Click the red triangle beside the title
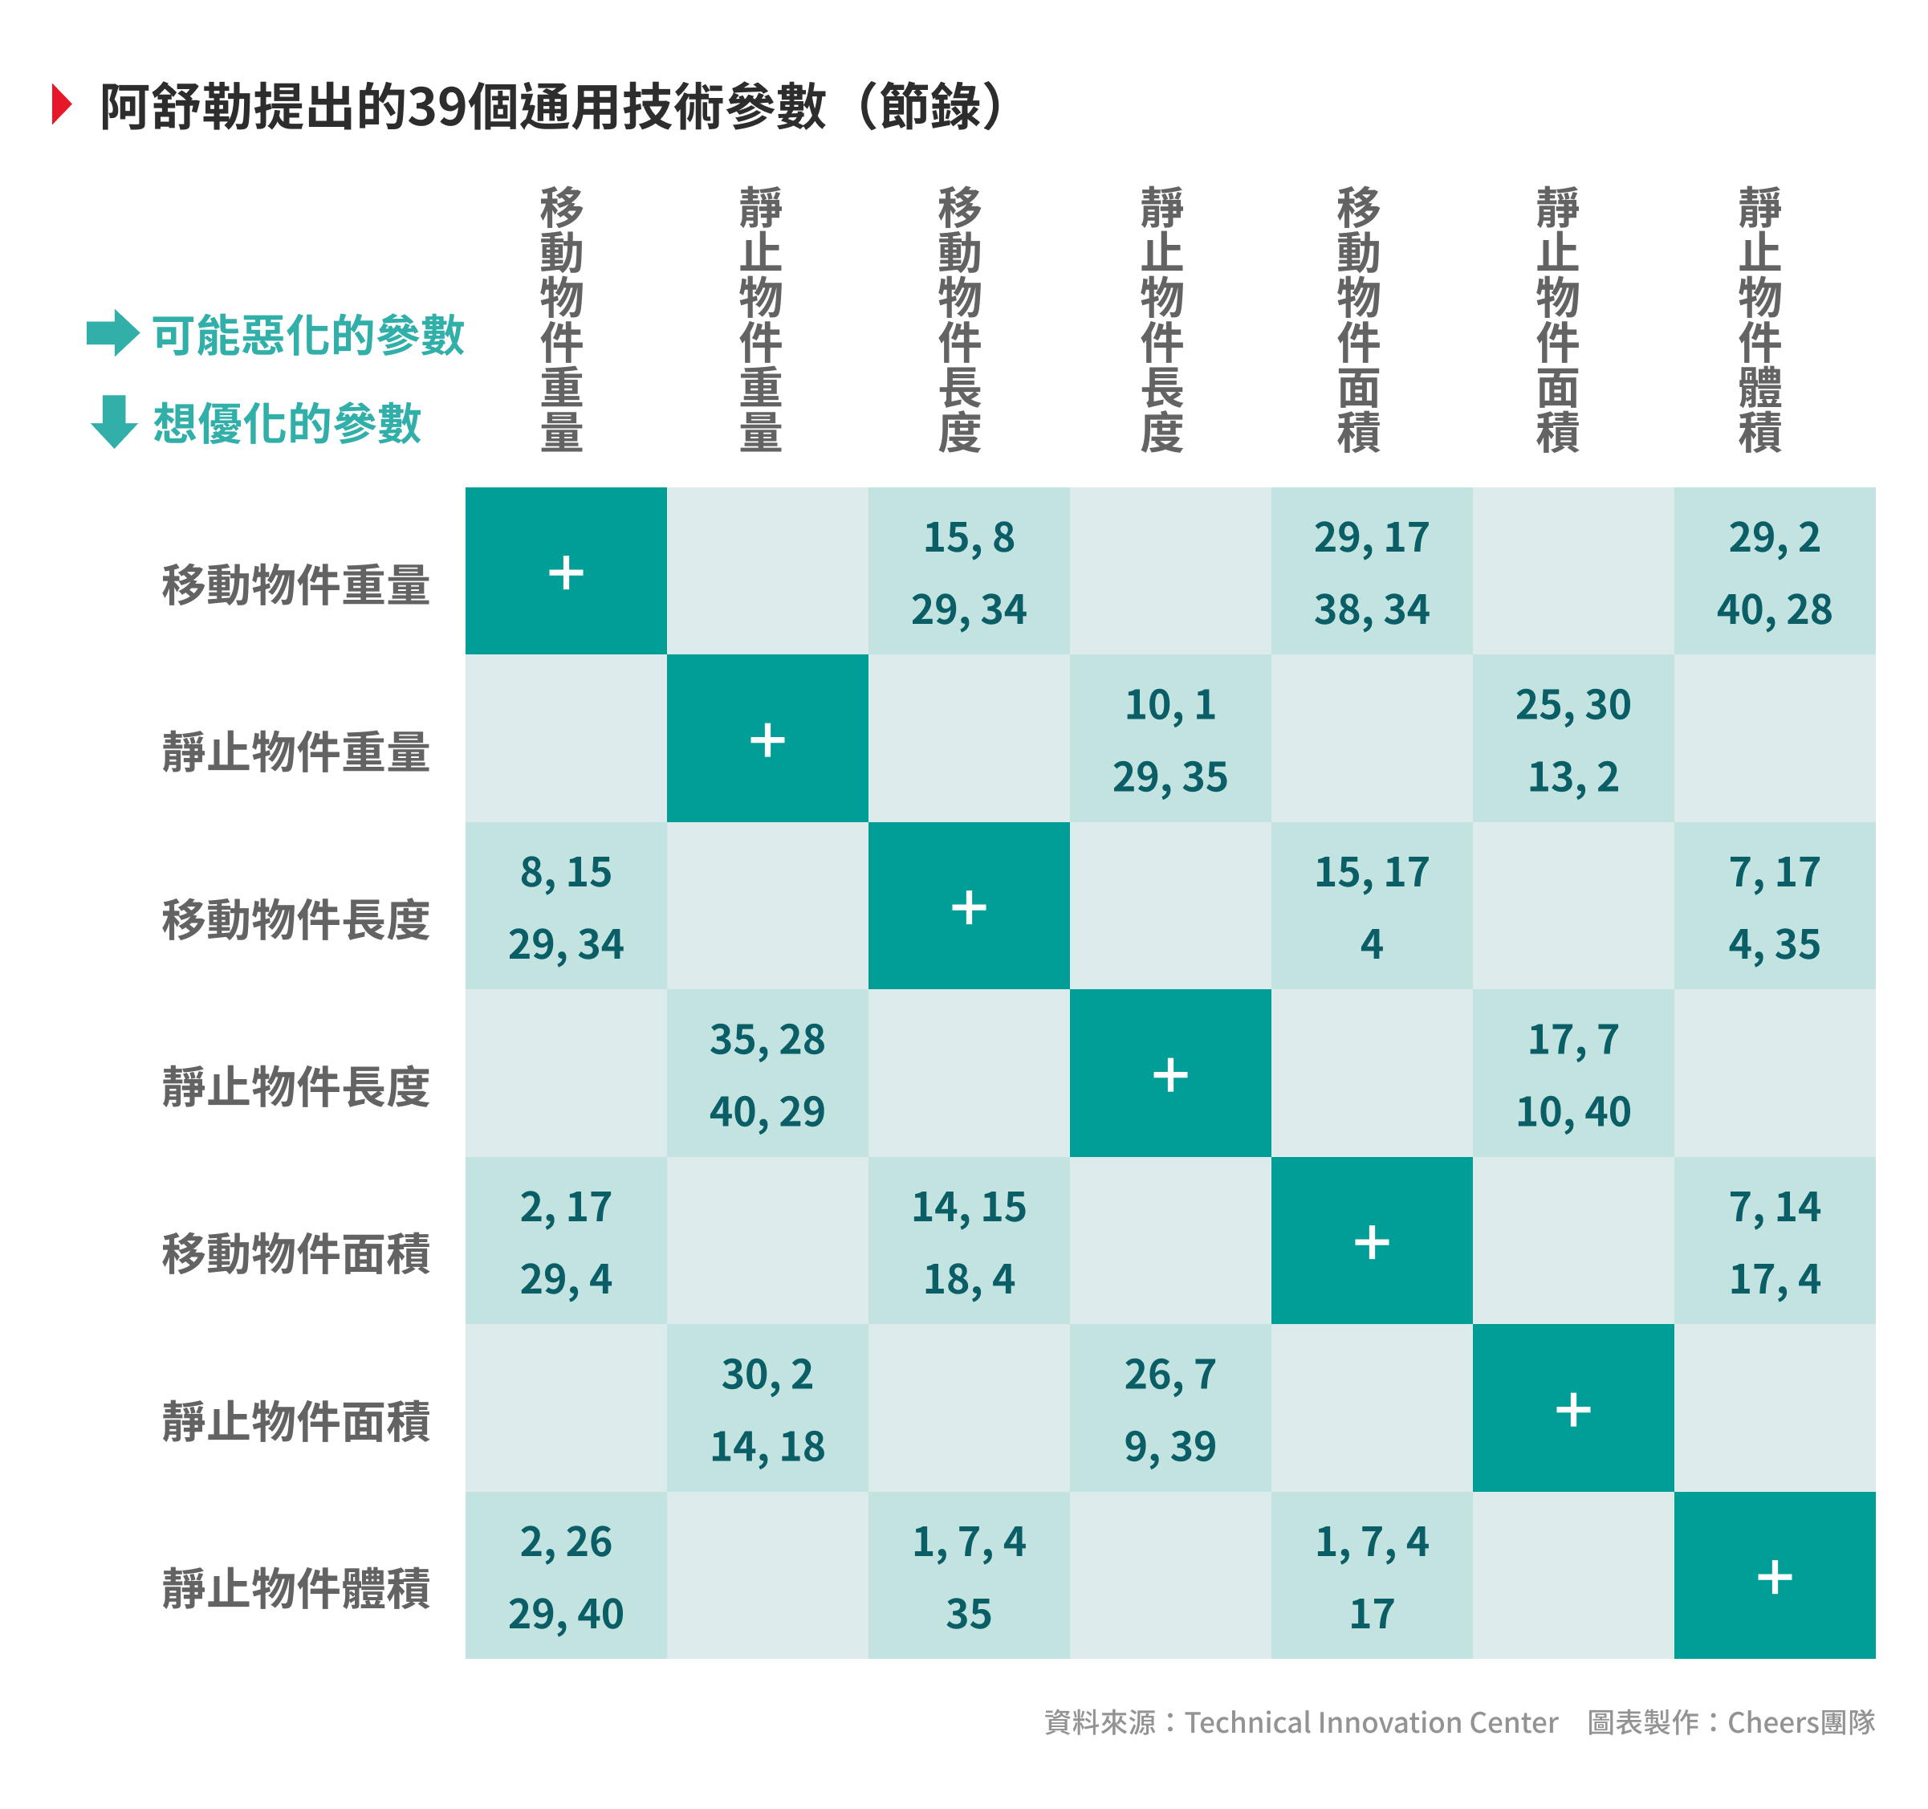62,104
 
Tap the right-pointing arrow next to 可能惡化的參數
112,332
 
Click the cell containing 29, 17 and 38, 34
1371,572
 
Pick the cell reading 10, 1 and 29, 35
1169,739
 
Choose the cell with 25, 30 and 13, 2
1572,739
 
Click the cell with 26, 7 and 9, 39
1169,1408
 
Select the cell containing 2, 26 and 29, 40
565,1576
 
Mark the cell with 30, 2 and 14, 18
767,1408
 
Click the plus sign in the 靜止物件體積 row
1774,1576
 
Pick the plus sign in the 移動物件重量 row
565,572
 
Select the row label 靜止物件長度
296,1086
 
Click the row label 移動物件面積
296,1253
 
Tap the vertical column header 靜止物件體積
1759,320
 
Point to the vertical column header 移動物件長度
959,320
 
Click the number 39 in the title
436,107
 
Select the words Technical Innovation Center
1370,1721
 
